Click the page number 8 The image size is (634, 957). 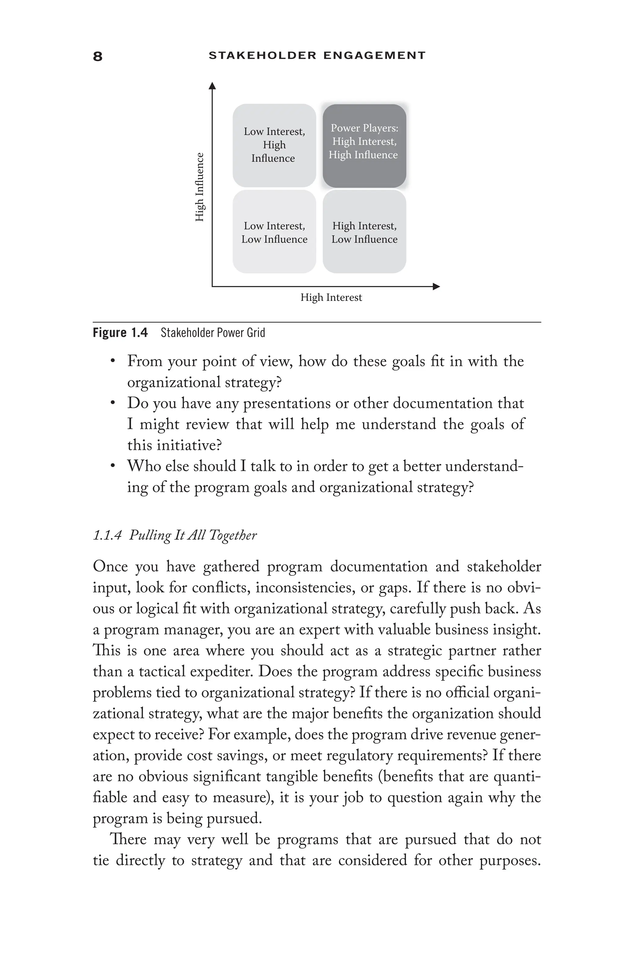coord(98,56)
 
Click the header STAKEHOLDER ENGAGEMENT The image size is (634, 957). coord(317,55)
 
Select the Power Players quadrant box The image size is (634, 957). coord(364,145)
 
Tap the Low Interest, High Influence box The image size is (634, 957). coord(274,145)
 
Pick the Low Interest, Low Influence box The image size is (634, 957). coord(274,232)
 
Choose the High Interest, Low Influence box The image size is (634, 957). coord(364,232)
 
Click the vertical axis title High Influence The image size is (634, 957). coord(199,187)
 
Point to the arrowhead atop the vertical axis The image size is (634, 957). coord(212,86)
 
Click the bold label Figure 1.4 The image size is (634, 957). coord(120,333)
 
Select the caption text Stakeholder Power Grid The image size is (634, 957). coord(213,333)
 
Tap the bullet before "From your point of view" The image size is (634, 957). coord(113,361)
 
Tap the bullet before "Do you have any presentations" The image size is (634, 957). coord(113,403)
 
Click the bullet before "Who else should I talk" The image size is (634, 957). coord(113,466)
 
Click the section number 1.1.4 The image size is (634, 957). coord(107,535)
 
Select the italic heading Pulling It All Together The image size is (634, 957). coord(193,535)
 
